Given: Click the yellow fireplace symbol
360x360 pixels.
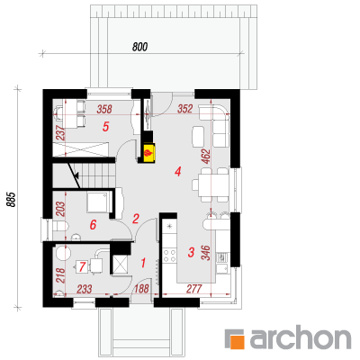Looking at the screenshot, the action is pyautogui.click(x=149, y=153).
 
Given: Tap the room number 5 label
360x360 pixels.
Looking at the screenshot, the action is pyautogui.click(x=105, y=127).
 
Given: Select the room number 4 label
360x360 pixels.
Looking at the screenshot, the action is pyautogui.click(x=178, y=172).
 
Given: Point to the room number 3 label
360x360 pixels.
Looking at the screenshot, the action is pyautogui.click(x=191, y=252).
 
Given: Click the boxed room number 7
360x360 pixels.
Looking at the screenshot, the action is pyautogui.click(x=82, y=267).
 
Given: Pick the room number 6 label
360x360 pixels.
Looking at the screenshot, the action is pyautogui.click(x=93, y=224).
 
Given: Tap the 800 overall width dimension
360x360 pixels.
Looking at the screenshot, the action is pyautogui.click(x=139, y=47).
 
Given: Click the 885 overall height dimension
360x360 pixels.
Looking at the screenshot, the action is pyautogui.click(x=11, y=199).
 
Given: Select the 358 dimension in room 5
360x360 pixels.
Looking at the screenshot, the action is pyautogui.click(x=104, y=109).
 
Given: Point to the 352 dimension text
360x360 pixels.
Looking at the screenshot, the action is pyautogui.click(x=184, y=109).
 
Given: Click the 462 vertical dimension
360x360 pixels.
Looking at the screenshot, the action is pyautogui.click(x=207, y=156).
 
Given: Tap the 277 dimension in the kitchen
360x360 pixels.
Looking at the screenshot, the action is pyautogui.click(x=194, y=289).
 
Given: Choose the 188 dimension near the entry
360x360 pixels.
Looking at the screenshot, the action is pyautogui.click(x=141, y=289).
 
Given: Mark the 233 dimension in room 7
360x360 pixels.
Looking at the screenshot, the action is pyautogui.click(x=85, y=289).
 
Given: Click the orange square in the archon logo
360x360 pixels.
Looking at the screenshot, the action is pyautogui.click(x=236, y=339).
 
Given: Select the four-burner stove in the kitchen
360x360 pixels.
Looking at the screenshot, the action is pyautogui.click(x=169, y=256).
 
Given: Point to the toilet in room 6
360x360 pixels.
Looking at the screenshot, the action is pyautogui.click(x=60, y=227).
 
